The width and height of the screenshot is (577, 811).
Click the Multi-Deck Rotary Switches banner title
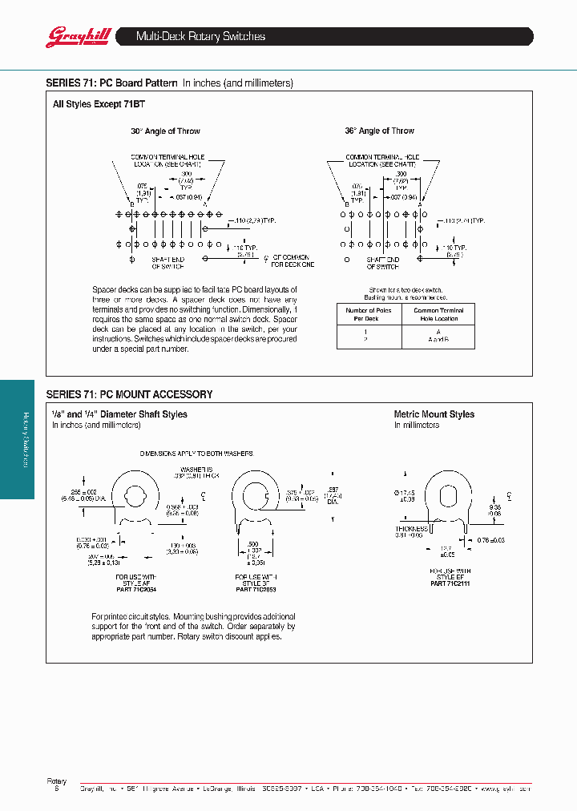[200, 37]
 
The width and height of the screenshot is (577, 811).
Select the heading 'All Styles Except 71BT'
[99, 104]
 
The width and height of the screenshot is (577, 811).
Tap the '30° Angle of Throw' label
[166, 131]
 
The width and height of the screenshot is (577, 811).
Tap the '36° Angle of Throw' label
[379, 131]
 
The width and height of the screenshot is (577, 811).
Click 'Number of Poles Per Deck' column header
[366, 314]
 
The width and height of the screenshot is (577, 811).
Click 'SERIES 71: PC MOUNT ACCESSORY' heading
[129, 394]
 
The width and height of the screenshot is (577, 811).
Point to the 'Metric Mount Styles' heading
[434, 414]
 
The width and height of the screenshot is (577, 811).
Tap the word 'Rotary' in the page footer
[56, 781]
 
